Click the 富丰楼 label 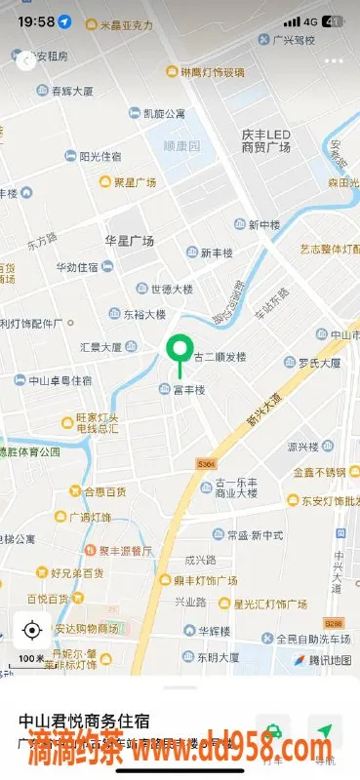pyautogui.click(x=188, y=390)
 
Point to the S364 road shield pyautogui.click(x=205, y=464)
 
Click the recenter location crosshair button pyautogui.click(x=32, y=630)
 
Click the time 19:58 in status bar pyautogui.click(x=35, y=20)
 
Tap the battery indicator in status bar pyautogui.click(x=334, y=20)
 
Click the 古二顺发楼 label pyautogui.click(x=220, y=356)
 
